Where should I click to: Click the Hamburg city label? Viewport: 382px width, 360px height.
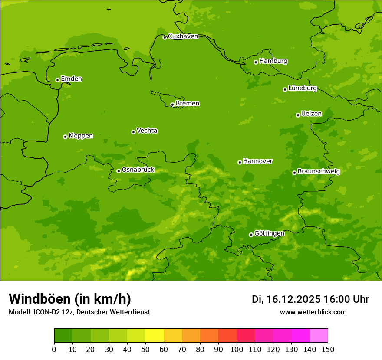point(273,61)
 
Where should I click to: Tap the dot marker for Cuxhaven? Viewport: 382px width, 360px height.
point(165,38)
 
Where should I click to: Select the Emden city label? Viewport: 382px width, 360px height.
point(71,79)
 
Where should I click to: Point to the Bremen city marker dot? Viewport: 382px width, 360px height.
point(172,105)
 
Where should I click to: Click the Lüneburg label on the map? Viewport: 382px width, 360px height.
point(302,88)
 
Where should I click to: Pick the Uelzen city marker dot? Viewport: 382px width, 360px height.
point(298,115)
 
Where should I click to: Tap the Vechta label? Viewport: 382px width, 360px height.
point(147,131)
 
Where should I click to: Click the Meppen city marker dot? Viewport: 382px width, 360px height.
point(65,137)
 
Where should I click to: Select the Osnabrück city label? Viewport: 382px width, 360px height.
point(138,170)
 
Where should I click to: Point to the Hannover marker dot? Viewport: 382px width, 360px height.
point(240,162)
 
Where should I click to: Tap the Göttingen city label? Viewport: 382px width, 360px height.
point(269,233)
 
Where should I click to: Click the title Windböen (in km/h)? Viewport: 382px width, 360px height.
point(70,299)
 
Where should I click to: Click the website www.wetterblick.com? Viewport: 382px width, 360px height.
point(313,312)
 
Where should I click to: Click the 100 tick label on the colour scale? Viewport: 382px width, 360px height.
point(237,349)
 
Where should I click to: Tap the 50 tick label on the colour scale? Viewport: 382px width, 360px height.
point(145,349)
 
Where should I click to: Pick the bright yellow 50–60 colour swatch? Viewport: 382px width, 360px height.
point(155,336)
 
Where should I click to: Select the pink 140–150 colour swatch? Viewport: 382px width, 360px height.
point(319,336)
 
